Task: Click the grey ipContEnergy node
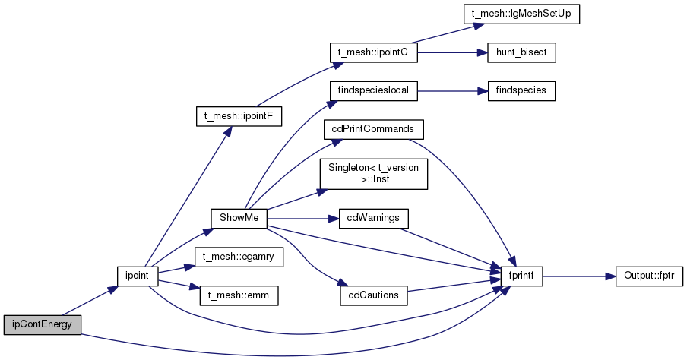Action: coord(43,325)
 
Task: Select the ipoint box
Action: coord(137,276)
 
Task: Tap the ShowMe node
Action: coord(239,218)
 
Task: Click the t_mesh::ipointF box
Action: coord(239,117)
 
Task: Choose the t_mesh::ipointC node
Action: coord(373,52)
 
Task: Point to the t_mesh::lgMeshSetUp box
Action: coord(521,14)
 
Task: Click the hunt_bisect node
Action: coord(521,52)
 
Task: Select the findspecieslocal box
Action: coord(373,90)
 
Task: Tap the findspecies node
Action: coord(521,90)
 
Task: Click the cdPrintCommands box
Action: coord(373,129)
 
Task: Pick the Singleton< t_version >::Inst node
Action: coord(373,174)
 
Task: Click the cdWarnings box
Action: coord(373,218)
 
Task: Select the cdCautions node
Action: coord(373,295)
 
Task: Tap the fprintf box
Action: coord(521,276)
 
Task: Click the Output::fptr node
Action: coord(649,276)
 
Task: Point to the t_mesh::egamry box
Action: coord(239,257)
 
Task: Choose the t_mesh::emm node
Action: coord(239,295)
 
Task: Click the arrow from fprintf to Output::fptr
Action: coord(579,276)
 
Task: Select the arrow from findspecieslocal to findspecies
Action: coord(453,91)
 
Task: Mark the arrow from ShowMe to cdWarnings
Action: coord(302,218)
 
